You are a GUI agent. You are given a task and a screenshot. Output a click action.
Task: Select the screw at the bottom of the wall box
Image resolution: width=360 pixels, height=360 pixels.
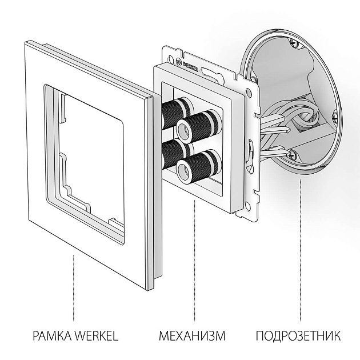(292, 153)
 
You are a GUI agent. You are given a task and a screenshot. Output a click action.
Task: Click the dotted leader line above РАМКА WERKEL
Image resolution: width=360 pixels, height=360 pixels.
(73, 286)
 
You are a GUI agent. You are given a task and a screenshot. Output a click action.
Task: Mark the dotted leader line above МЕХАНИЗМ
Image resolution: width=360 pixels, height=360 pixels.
(194, 263)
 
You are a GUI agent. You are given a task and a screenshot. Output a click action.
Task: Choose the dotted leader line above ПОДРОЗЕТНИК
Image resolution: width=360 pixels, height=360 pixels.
(300, 251)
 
